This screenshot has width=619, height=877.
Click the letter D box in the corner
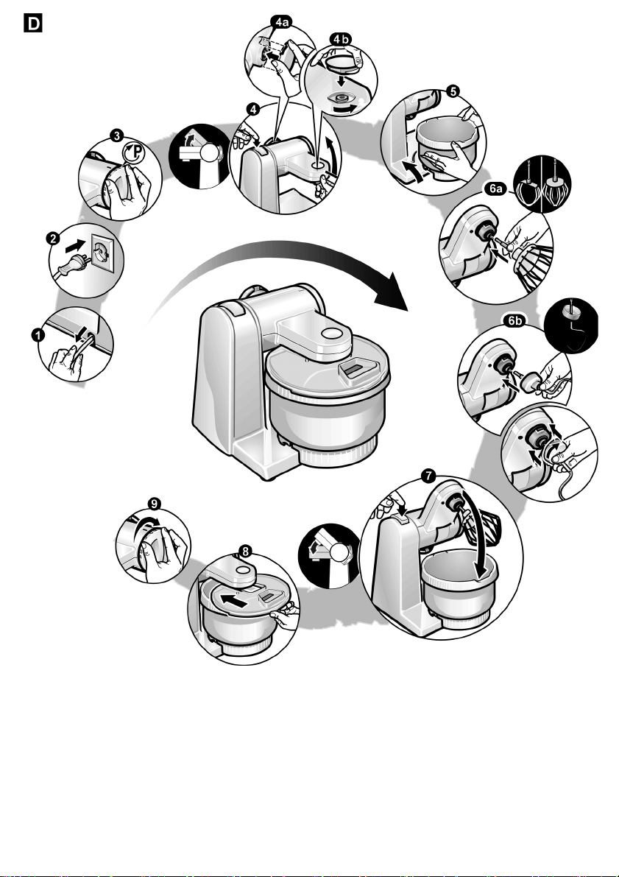pyautogui.click(x=33, y=23)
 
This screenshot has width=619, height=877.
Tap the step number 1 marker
pyautogui.click(x=37, y=335)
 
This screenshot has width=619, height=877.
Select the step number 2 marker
pyautogui.click(x=52, y=239)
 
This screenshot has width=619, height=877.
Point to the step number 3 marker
pyautogui.click(x=116, y=135)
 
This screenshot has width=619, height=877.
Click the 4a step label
pyautogui.click(x=282, y=22)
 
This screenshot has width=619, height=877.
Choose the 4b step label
pyautogui.click(x=341, y=39)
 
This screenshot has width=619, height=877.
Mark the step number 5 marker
pyautogui.click(x=453, y=91)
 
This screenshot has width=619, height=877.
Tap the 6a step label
pyautogui.click(x=495, y=189)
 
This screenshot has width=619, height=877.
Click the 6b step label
pyautogui.click(x=514, y=320)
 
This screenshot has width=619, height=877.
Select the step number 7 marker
pyautogui.click(x=428, y=476)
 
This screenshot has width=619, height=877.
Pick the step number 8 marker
pyautogui.click(x=245, y=552)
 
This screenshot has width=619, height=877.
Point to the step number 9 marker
pyautogui.click(x=155, y=504)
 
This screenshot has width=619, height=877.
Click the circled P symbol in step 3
pyautogui.click(x=134, y=152)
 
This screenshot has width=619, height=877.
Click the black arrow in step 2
pyautogui.click(x=75, y=244)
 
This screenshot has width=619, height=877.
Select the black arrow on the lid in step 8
pyautogui.click(x=234, y=602)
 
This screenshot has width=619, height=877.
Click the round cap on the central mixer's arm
pyautogui.click(x=332, y=334)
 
